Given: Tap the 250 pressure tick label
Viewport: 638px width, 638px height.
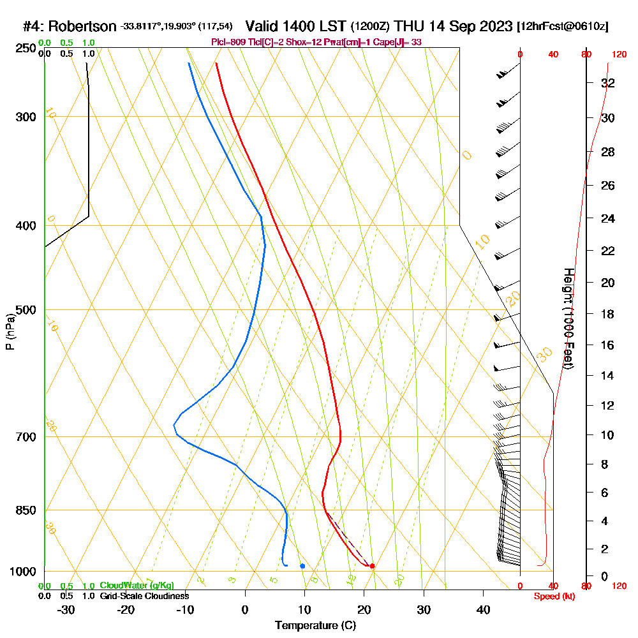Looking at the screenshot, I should pyautogui.click(x=23, y=48).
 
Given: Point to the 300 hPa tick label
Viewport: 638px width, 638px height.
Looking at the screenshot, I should pyautogui.click(x=23, y=117).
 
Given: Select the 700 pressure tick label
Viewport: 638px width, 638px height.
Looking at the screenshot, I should pyautogui.click(x=23, y=437).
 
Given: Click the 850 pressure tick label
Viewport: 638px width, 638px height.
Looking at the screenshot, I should pyautogui.click(x=23, y=510).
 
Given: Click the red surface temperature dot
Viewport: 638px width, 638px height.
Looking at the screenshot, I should pyautogui.click(x=372, y=566).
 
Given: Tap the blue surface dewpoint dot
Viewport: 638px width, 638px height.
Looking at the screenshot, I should pyautogui.click(x=302, y=566).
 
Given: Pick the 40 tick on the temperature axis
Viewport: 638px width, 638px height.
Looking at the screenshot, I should pyautogui.click(x=484, y=609).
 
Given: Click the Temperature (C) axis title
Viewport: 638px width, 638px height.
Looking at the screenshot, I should pyautogui.click(x=315, y=626).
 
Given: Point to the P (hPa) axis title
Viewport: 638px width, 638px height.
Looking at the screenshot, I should pyautogui.click(x=10, y=332).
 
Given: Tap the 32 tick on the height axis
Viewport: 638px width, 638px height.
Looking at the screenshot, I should pyautogui.click(x=608, y=83).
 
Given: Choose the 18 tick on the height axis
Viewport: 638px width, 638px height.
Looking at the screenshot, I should pyautogui.click(x=608, y=314).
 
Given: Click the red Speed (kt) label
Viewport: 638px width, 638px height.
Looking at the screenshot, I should pyautogui.click(x=554, y=596).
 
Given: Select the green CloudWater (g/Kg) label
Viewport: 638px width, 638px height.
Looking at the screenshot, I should pyautogui.click(x=137, y=586).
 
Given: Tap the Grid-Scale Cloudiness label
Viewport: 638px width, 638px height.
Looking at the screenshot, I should pyautogui.click(x=144, y=596).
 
